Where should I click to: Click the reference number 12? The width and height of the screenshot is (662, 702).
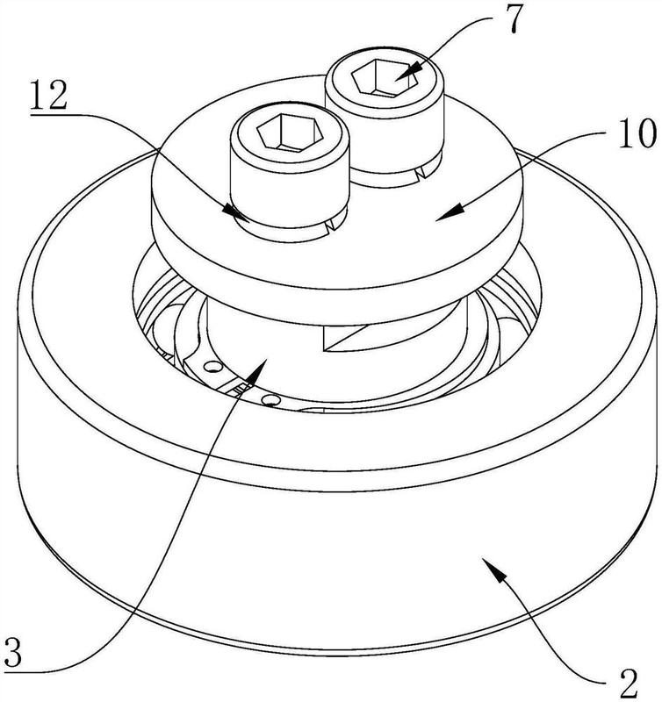(x=48, y=96)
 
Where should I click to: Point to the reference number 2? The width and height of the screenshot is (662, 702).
(x=629, y=684)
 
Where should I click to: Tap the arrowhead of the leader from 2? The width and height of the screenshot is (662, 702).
(x=494, y=568)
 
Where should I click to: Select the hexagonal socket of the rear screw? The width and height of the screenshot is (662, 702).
(x=385, y=78)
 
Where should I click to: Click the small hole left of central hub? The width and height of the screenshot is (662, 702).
(x=212, y=367)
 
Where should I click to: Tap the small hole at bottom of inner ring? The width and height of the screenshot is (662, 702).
(x=270, y=398)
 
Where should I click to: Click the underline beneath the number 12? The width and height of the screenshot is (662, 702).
(x=48, y=115)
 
